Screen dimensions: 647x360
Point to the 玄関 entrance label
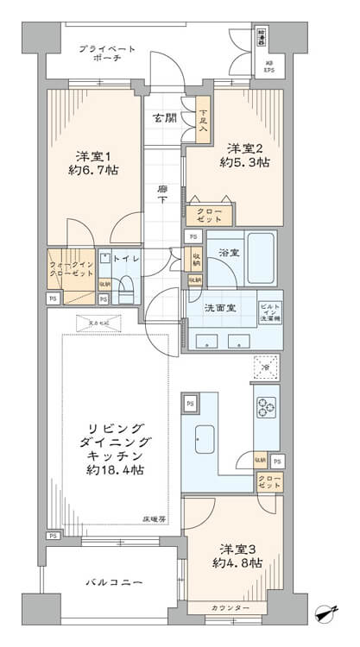click(164, 117)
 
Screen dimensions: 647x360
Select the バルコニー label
click(108, 582)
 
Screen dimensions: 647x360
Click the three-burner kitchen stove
click(264, 405)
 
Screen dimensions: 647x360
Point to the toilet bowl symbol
click(126, 288)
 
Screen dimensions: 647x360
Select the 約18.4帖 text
click(115, 469)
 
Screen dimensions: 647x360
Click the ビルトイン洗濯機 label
click(270, 312)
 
